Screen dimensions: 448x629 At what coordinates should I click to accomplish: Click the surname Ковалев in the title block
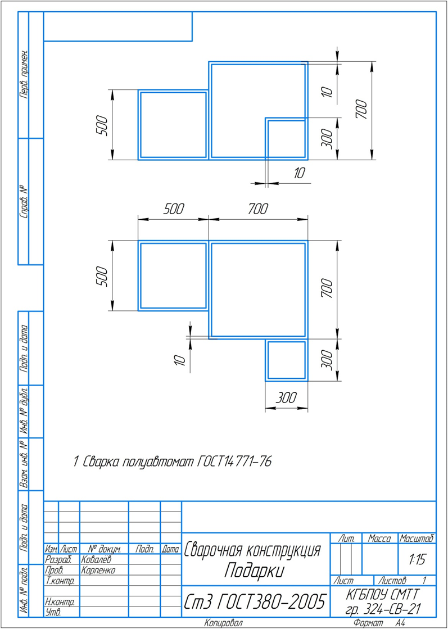pyautogui.click(x=96, y=559)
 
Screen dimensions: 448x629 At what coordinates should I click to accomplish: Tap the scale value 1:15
pyautogui.click(x=417, y=560)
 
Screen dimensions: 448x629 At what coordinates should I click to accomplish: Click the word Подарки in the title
pyautogui.click(x=254, y=571)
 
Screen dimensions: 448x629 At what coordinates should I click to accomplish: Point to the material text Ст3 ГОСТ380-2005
pyautogui.click(x=255, y=601)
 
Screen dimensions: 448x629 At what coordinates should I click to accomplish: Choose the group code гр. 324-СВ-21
pyautogui.click(x=383, y=609)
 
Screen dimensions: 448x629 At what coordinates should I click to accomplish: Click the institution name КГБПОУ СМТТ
pyautogui.click(x=383, y=595)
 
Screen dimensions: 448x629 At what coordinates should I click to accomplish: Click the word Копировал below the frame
pyautogui.click(x=223, y=623)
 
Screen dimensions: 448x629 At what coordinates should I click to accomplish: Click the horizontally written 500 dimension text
pyautogui.click(x=174, y=209)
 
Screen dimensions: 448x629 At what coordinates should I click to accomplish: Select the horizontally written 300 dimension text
pyautogui.click(x=286, y=399)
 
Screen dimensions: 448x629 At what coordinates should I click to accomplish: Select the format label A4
pyautogui.click(x=400, y=623)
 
